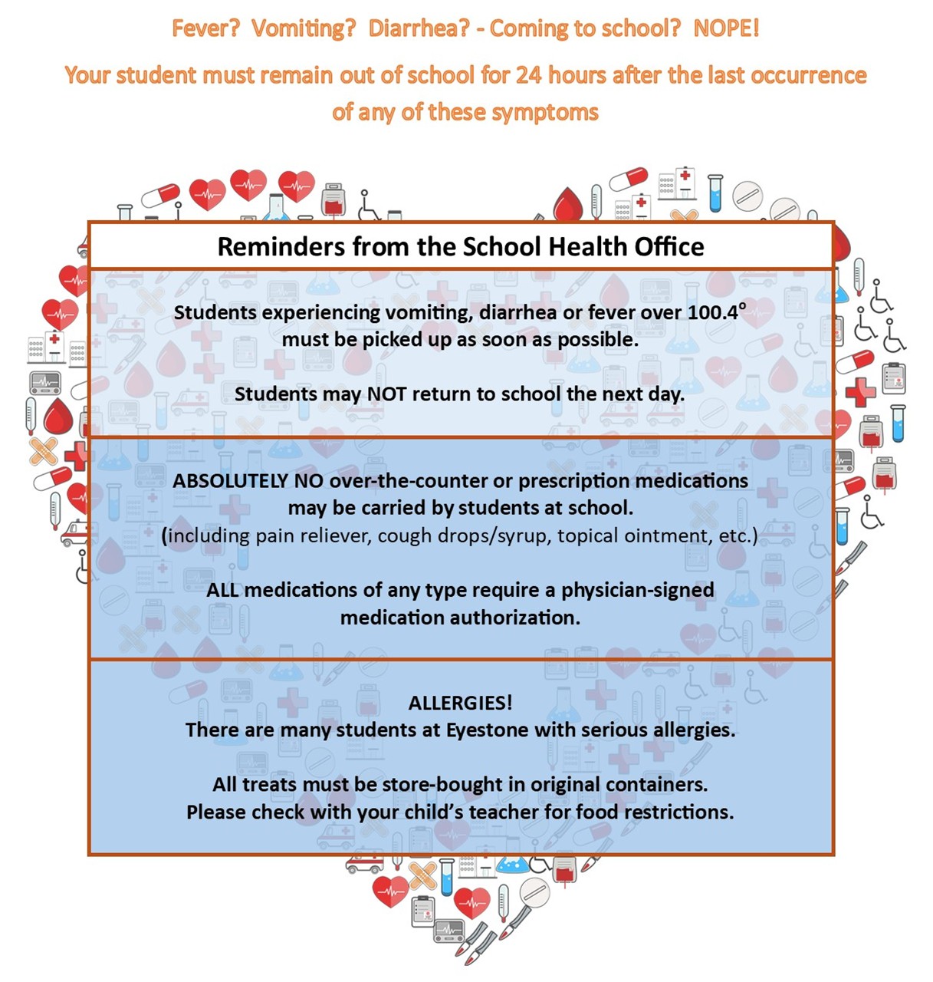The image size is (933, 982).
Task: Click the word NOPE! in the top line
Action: (x=726, y=28)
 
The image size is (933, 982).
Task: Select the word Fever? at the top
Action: (x=205, y=28)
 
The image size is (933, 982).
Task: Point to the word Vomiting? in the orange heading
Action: (x=304, y=28)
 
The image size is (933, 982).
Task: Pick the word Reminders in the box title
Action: (x=281, y=247)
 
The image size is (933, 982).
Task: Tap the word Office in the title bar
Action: (x=669, y=247)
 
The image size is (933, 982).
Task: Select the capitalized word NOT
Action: (x=386, y=394)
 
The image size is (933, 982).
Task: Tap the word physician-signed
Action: (x=637, y=590)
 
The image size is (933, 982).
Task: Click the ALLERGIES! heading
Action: (x=460, y=703)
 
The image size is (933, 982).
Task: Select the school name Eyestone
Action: (x=488, y=730)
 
